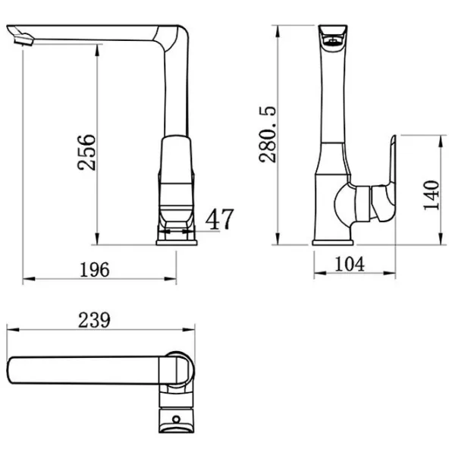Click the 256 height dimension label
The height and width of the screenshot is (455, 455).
pos(86,152)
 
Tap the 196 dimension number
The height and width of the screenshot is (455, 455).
pos(95,270)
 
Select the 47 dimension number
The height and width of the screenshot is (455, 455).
pos(219,219)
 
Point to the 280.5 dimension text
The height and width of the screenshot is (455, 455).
pos(268,135)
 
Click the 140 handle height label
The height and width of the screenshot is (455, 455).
pos(431,196)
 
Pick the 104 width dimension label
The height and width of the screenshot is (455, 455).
pos(350,264)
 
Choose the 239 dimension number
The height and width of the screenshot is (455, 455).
pos(94,320)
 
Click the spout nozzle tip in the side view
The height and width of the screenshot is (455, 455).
pos(24,40)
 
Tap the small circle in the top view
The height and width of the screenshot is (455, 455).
pos(176,419)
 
